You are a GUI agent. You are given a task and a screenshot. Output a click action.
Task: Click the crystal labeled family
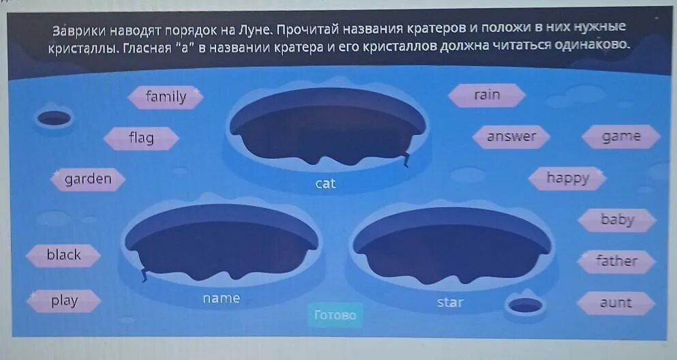pyautogui.click(x=166, y=97)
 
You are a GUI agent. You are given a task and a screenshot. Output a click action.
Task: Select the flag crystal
pyautogui.click(x=141, y=138)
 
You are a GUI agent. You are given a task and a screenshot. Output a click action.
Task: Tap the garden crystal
pyautogui.click(x=88, y=179)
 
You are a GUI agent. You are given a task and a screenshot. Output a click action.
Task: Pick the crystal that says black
pyautogui.click(x=63, y=255)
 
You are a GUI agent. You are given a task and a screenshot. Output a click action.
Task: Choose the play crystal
pyautogui.click(x=64, y=301)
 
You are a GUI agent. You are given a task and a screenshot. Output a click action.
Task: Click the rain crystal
pyautogui.click(x=487, y=95)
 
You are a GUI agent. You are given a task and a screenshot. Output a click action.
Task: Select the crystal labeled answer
pyautogui.click(x=511, y=136)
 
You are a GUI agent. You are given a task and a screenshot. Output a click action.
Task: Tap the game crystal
pyautogui.click(x=621, y=136)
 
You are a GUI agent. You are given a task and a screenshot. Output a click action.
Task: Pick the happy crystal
pyautogui.click(x=567, y=179)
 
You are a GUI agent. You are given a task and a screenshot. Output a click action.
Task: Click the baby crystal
pyautogui.click(x=617, y=220)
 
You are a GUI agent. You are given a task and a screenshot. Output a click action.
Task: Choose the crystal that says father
pyautogui.click(x=616, y=261)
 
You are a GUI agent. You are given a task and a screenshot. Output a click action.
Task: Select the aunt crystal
pyautogui.click(x=616, y=303)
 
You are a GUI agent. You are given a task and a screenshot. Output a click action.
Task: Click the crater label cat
pyautogui.click(x=326, y=183)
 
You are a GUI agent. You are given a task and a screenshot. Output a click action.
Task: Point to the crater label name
pyautogui.click(x=221, y=299)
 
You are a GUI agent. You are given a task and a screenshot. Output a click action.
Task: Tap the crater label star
pyautogui.click(x=450, y=302)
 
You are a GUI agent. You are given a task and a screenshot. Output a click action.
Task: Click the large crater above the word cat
pyautogui.click(x=327, y=130)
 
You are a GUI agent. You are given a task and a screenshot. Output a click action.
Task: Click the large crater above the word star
pyautogui.click(x=451, y=245)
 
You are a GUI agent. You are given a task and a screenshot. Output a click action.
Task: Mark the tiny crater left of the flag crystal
pyautogui.click(x=54, y=118)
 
